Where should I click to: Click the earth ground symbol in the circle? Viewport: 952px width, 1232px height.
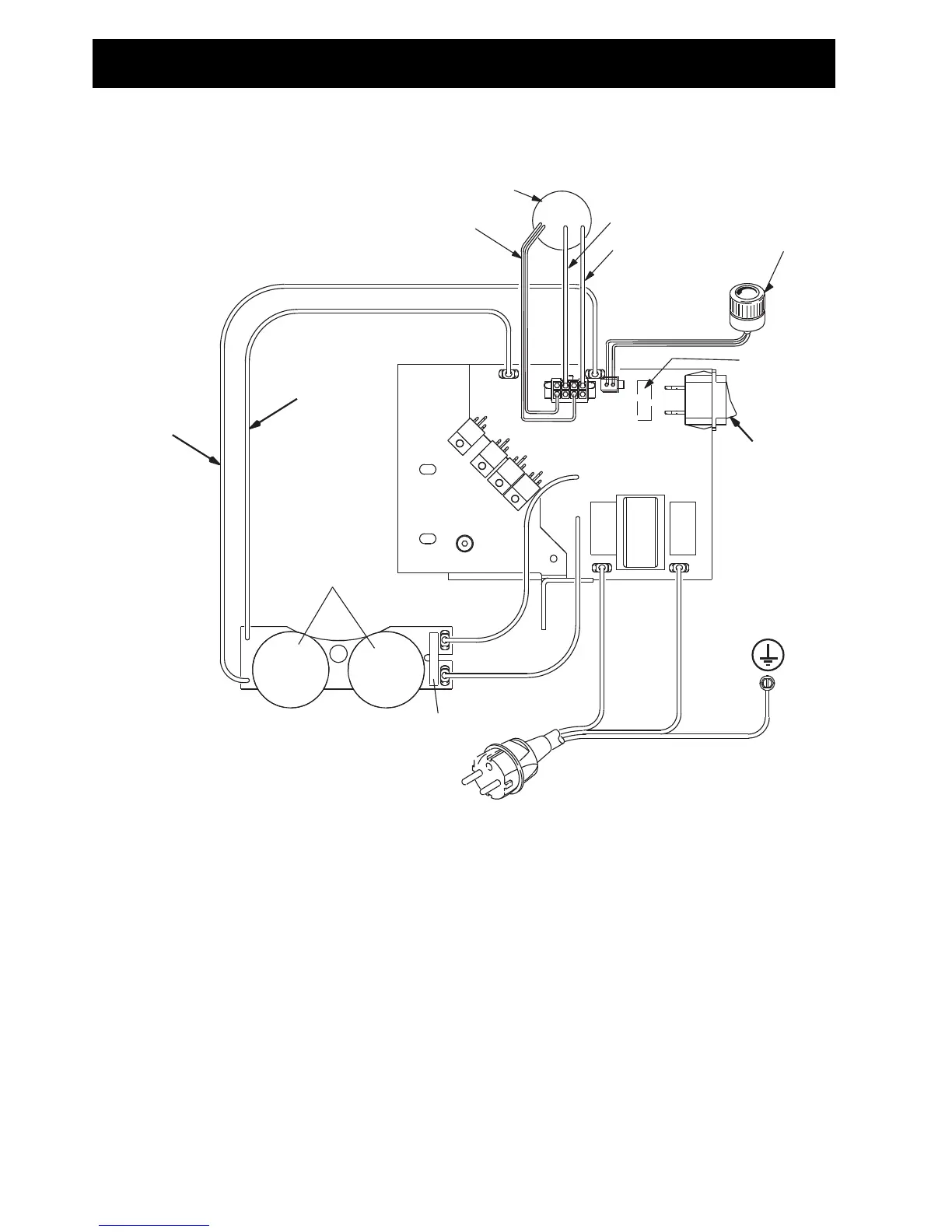(768, 657)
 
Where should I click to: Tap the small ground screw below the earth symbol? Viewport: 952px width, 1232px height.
(766, 684)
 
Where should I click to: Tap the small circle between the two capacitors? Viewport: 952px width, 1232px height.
(338, 654)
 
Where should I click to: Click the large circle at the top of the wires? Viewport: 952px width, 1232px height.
(562, 219)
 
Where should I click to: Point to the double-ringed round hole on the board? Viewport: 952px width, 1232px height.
(465, 543)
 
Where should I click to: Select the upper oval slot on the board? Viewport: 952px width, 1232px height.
(427, 469)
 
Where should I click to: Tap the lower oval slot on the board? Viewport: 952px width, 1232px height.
(427, 538)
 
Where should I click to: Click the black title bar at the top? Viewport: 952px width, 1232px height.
(464, 63)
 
